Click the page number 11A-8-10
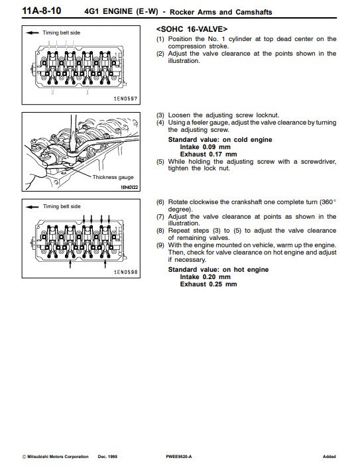pos(42,11)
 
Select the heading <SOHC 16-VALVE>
pos(192,29)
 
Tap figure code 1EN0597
pos(125,98)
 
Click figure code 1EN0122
pos(129,188)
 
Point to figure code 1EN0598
pos(125,272)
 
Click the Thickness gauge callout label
pos(113,177)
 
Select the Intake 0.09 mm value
pos(206,147)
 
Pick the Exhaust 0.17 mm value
pos(209,154)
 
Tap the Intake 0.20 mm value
pos(206,277)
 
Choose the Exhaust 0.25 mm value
pos(209,284)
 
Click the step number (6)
pos(160,202)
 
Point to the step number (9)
pos(160,245)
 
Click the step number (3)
pos(160,115)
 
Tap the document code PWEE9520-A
pos(178,457)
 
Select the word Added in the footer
pos(329,457)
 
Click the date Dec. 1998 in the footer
pos(107,457)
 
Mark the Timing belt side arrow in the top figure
pos(32,33)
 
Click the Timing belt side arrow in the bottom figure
pos(32,207)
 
